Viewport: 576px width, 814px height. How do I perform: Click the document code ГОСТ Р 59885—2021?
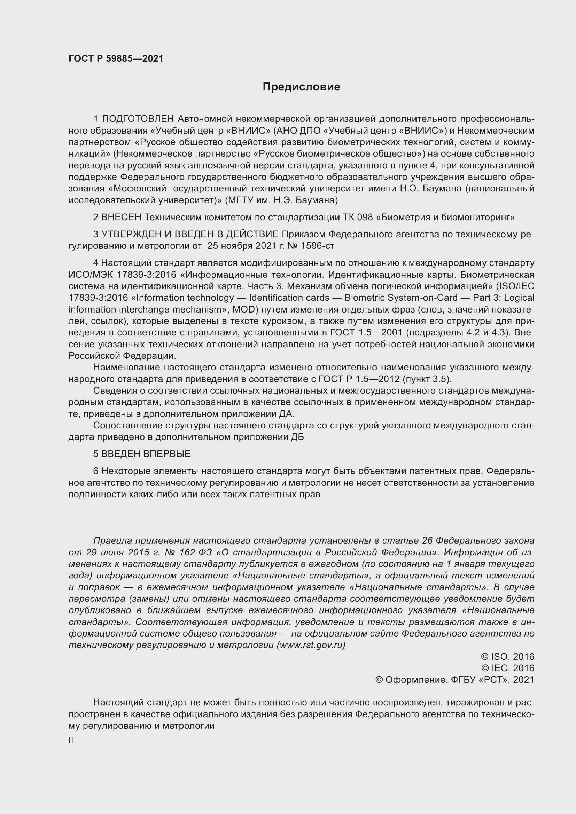[116, 58]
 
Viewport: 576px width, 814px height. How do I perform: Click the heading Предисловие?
[301, 87]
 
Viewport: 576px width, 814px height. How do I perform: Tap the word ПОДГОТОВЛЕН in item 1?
[138, 119]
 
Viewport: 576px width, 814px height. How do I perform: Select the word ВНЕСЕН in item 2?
[121, 217]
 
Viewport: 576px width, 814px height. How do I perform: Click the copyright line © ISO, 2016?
[507, 657]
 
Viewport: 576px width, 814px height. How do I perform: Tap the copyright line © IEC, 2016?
[507, 668]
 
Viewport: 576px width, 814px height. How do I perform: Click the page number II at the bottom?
[71, 741]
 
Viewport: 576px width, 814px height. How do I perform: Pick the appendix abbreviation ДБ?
[297, 437]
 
